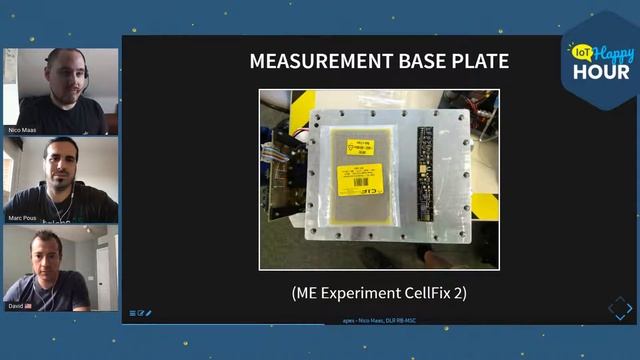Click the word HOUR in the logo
(x=601, y=72)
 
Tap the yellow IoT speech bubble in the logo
(x=579, y=52)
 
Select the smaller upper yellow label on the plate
(x=357, y=148)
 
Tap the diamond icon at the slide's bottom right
(x=620, y=308)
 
